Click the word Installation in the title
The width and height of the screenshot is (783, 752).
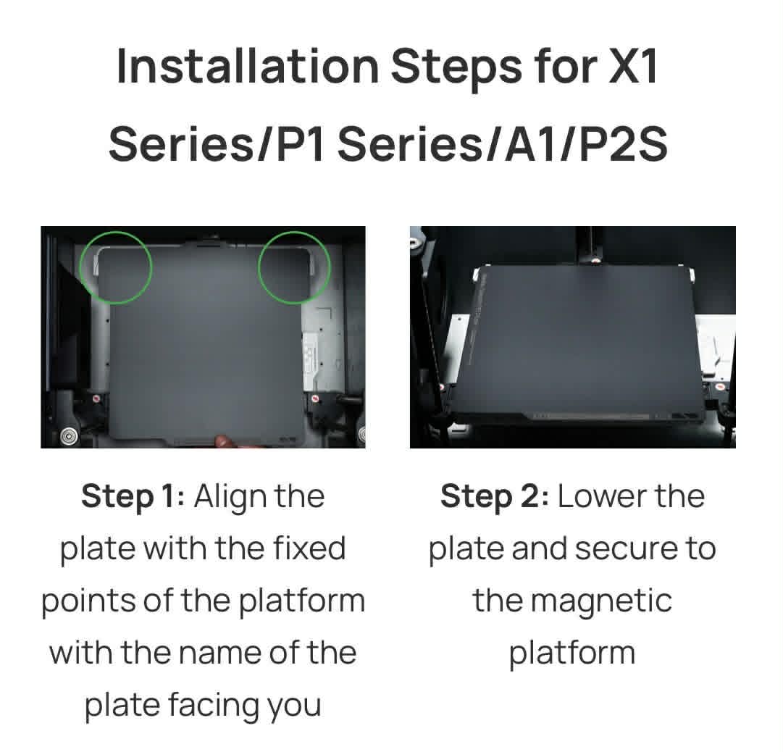pyautogui.click(x=248, y=67)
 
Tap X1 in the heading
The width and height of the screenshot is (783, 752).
pyautogui.click(x=633, y=67)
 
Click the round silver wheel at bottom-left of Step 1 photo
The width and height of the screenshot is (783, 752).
pyautogui.click(x=68, y=436)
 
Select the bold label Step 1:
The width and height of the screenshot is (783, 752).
pyautogui.click(x=133, y=497)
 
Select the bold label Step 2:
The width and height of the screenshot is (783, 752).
pyautogui.click(x=495, y=497)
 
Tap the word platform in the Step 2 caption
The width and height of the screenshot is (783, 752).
pyautogui.click(x=572, y=654)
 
